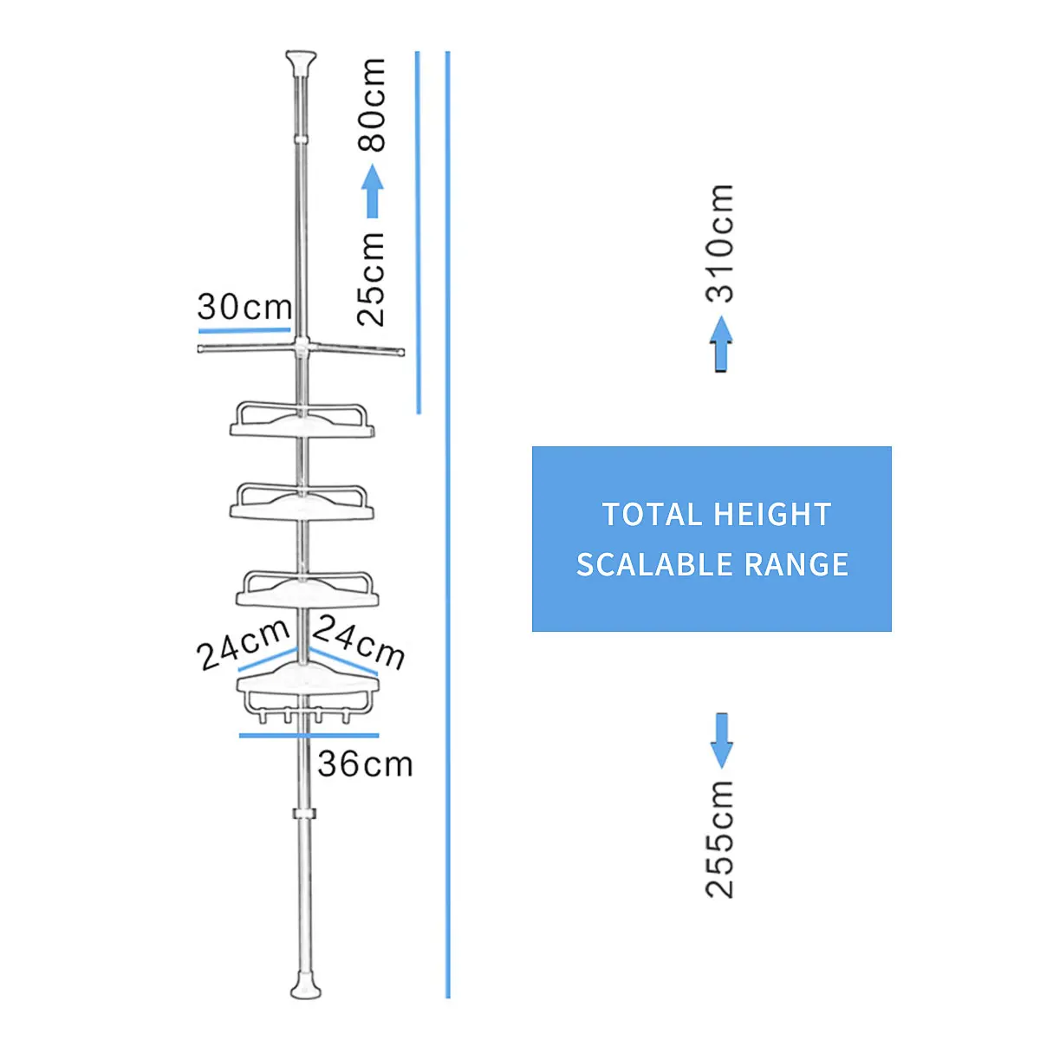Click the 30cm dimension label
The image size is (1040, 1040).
pos(244,307)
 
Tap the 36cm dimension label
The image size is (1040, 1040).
pos(366,764)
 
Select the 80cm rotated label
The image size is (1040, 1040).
pos(371,105)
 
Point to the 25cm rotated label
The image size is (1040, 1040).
pos(371,280)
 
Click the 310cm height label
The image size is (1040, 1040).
pos(720,243)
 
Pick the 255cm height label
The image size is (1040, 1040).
pos(720,839)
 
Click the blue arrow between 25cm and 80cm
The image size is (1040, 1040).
pos(372,191)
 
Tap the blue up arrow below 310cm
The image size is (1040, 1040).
pos(721,344)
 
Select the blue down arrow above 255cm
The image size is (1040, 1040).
pos(722,740)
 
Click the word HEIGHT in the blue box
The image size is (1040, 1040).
pos(772,514)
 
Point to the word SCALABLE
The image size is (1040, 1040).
pos(654,564)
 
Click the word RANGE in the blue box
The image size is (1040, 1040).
pos(796,564)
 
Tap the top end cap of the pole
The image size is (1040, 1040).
pos(301,62)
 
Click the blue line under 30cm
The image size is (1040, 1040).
pos(244,329)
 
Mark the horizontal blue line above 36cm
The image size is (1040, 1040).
pos(309,735)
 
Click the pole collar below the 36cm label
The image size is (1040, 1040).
pos(304,814)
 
